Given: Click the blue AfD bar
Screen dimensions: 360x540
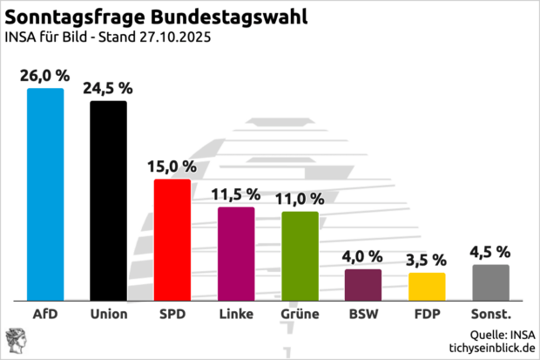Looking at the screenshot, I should [x=45, y=193].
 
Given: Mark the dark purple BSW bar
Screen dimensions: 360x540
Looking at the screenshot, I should [x=363, y=283].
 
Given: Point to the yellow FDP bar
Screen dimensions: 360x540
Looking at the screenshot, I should [x=427, y=285].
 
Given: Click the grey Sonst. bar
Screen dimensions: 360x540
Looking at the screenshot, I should [x=490, y=281].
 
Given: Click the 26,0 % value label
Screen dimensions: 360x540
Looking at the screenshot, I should [x=45, y=76].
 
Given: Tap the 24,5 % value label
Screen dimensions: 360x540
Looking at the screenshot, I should [x=109, y=88].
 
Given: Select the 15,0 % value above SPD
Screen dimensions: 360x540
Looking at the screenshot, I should [x=172, y=166].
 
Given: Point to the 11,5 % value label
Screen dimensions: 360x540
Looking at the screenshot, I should [x=236, y=194].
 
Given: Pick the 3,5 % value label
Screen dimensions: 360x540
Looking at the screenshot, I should [x=427, y=260].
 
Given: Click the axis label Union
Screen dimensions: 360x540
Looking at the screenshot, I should [x=109, y=313].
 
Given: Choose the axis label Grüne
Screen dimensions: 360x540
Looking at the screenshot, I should [x=300, y=313].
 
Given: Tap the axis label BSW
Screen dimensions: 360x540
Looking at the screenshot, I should [x=363, y=313].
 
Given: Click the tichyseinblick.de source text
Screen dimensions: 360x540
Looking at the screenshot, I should [x=491, y=347].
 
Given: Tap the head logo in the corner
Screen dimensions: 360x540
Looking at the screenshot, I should [x=16, y=340].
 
